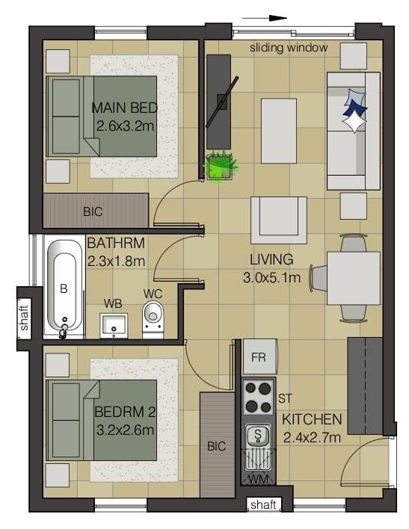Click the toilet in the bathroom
[x=153, y=320]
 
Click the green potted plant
[x=221, y=167]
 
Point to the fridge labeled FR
[x=259, y=357]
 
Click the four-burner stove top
[x=259, y=397]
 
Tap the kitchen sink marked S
[x=258, y=435]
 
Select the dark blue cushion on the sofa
[x=354, y=108]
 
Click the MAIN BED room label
[x=125, y=108]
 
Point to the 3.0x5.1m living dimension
[x=271, y=278]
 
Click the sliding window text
[x=289, y=48]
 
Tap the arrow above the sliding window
[x=265, y=18]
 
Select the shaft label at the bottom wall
[x=263, y=504]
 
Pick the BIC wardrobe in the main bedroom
[x=96, y=211]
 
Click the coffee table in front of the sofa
[x=279, y=131]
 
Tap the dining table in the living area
[x=354, y=279]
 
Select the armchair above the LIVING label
[x=279, y=220]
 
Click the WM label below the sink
[x=259, y=479]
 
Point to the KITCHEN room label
[x=312, y=419]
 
